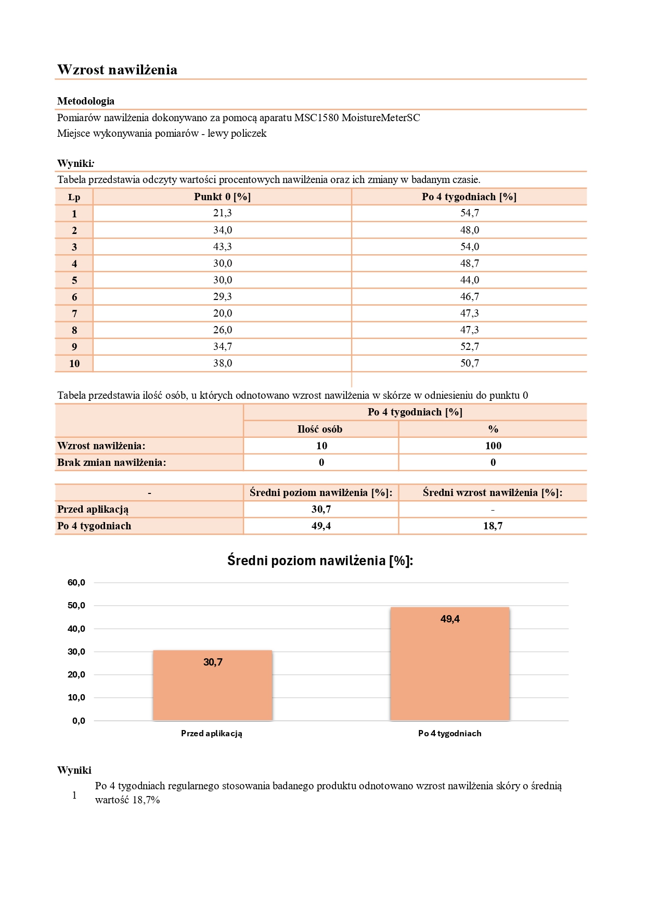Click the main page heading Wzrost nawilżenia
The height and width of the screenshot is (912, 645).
click(117, 70)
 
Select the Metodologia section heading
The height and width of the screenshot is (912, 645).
click(86, 101)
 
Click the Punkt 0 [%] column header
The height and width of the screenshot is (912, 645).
click(222, 197)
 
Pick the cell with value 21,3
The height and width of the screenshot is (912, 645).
click(222, 213)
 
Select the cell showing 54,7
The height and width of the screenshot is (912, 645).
click(469, 213)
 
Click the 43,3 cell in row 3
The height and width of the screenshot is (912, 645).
click(222, 246)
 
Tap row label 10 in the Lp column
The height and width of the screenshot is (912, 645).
click(74, 363)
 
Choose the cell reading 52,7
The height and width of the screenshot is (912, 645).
click(469, 346)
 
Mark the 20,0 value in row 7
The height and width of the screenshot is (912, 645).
click(222, 313)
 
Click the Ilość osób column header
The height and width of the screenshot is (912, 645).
click(320, 429)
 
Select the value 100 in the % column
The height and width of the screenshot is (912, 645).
click(493, 446)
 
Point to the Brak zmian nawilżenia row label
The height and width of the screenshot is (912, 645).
click(112, 462)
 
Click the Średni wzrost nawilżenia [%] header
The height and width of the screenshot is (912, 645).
click(493, 492)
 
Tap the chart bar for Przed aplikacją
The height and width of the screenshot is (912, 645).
click(213, 686)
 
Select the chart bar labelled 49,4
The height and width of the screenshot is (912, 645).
click(450, 666)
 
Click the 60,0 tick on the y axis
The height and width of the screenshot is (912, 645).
click(76, 582)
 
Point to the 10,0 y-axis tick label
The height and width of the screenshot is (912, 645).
click(76, 697)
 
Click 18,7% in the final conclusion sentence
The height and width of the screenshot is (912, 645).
click(146, 800)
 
